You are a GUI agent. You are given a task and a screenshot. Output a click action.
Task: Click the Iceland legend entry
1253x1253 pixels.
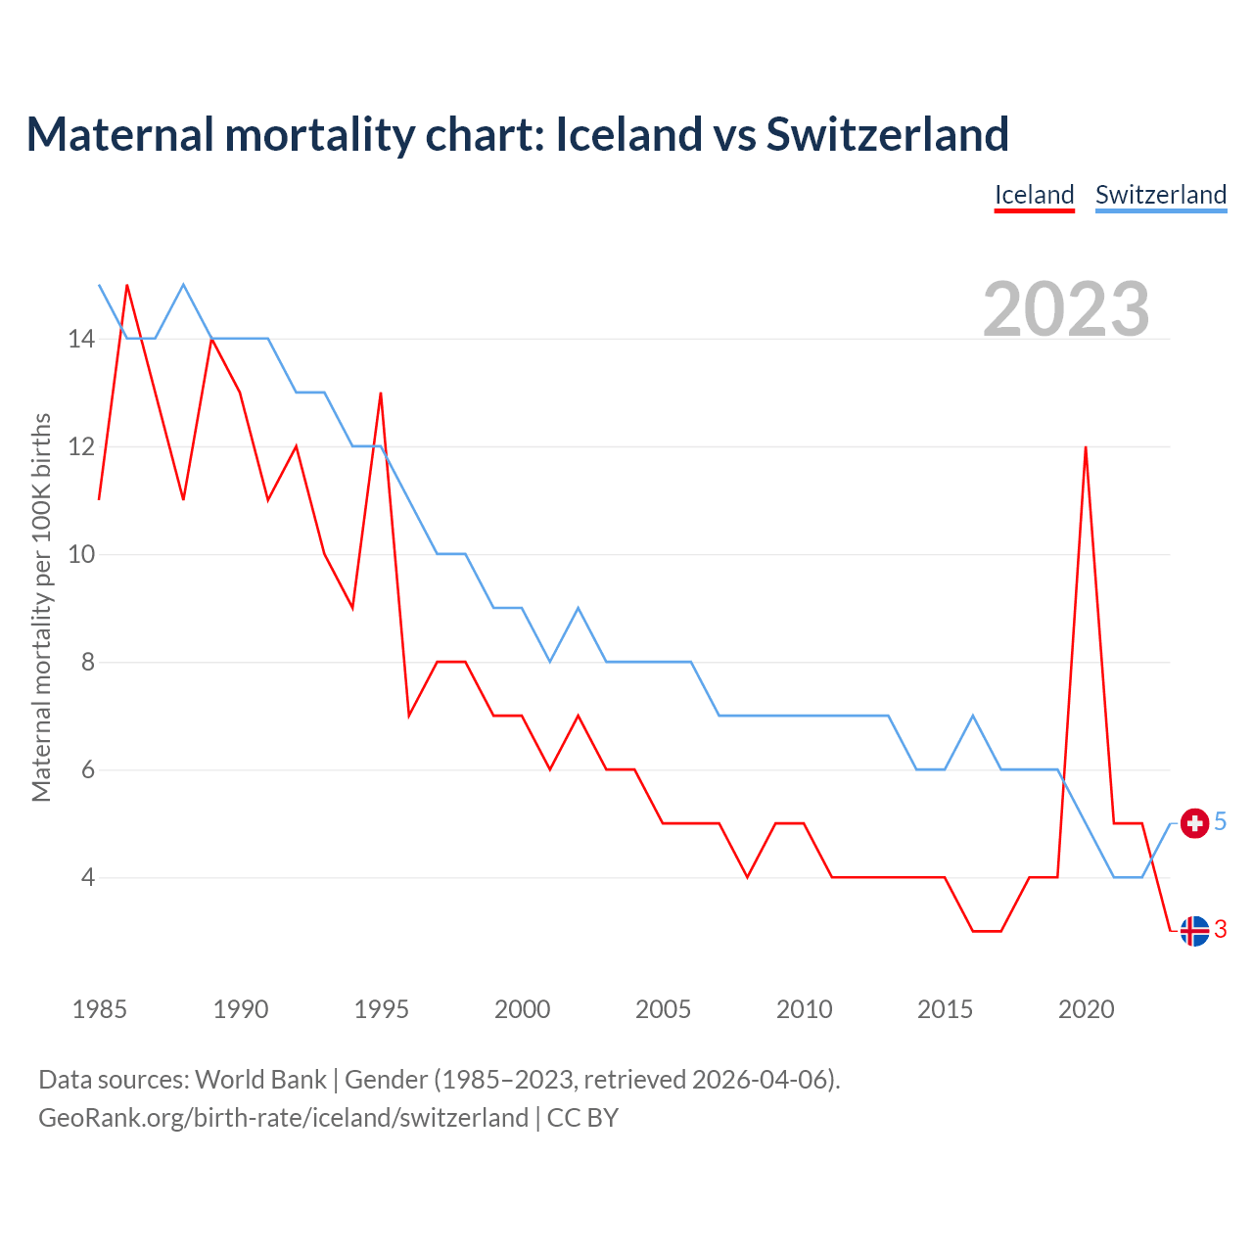(x=1034, y=195)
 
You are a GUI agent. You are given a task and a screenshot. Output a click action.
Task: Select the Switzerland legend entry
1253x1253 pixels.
(x=1160, y=195)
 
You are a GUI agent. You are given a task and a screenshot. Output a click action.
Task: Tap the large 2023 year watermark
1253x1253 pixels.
(x=1066, y=309)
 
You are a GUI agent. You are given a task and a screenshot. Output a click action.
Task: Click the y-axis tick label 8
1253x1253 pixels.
(x=87, y=663)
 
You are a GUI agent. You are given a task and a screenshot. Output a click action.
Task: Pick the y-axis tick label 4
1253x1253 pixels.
(x=87, y=878)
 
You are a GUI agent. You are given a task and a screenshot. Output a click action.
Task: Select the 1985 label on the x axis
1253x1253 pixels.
(x=100, y=1009)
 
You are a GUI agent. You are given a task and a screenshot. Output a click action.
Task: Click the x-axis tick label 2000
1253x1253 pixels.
(x=522, y=1009)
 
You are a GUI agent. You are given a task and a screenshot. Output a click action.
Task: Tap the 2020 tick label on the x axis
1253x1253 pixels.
(x=1086, y=1009)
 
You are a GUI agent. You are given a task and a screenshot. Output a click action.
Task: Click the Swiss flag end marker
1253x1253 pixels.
(x=1194, y=823)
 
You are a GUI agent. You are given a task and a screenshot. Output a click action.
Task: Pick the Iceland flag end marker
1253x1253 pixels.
(x=1194, y=931)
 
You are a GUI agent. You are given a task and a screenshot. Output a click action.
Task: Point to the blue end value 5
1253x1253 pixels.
(x=1221, y=822)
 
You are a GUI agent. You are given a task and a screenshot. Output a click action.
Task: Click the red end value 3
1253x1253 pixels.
(x=1221, y=930)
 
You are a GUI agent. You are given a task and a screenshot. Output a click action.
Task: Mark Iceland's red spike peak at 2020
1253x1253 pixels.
(x=1086, y=447)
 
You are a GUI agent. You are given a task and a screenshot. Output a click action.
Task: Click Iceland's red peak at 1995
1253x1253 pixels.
(x=381, y=394)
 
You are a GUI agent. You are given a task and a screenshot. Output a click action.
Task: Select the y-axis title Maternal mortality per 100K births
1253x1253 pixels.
(x=41, y=607)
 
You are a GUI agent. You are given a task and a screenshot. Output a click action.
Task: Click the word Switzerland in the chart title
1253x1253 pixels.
(x=887, y=134)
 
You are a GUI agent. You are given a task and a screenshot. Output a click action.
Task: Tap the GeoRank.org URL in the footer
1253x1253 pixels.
(x=283, y=1118)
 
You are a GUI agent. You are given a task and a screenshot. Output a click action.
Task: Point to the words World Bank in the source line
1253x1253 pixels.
(x=260, y=1080)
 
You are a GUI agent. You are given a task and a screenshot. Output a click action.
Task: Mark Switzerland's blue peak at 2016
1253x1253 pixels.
(x=973, y=716)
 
